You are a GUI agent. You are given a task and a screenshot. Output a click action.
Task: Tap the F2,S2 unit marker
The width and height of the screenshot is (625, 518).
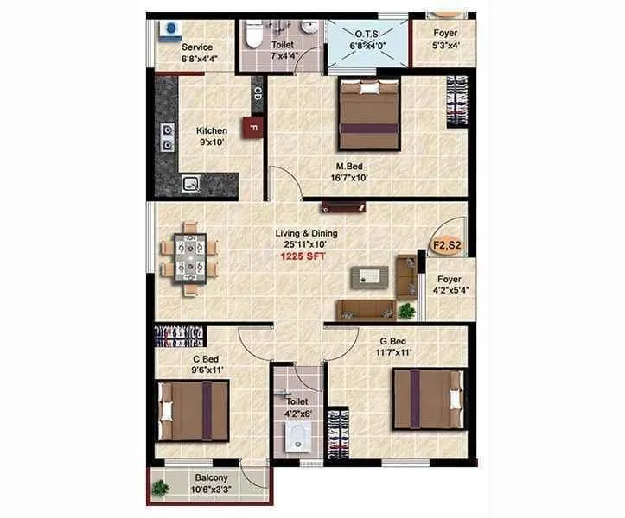click(x=446, y=244)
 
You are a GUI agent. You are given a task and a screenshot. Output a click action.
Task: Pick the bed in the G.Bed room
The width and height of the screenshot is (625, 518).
click(x=427, y=398)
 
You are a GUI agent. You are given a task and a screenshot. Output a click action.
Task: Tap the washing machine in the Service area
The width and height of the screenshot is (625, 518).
click(x=169, y=29)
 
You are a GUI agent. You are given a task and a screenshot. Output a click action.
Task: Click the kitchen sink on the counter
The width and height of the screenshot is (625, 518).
click(x=190, y=183)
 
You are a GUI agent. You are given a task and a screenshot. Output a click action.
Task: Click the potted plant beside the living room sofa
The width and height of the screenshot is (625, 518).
click(x=405, y=310)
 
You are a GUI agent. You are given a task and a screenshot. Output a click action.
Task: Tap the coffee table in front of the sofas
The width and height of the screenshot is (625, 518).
click(x=368, y=277)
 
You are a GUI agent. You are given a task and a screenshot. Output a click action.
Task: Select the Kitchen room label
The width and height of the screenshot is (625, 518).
click(x=211, y=131)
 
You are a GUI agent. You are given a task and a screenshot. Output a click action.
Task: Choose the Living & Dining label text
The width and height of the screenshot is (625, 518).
click(x=306, y=233)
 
